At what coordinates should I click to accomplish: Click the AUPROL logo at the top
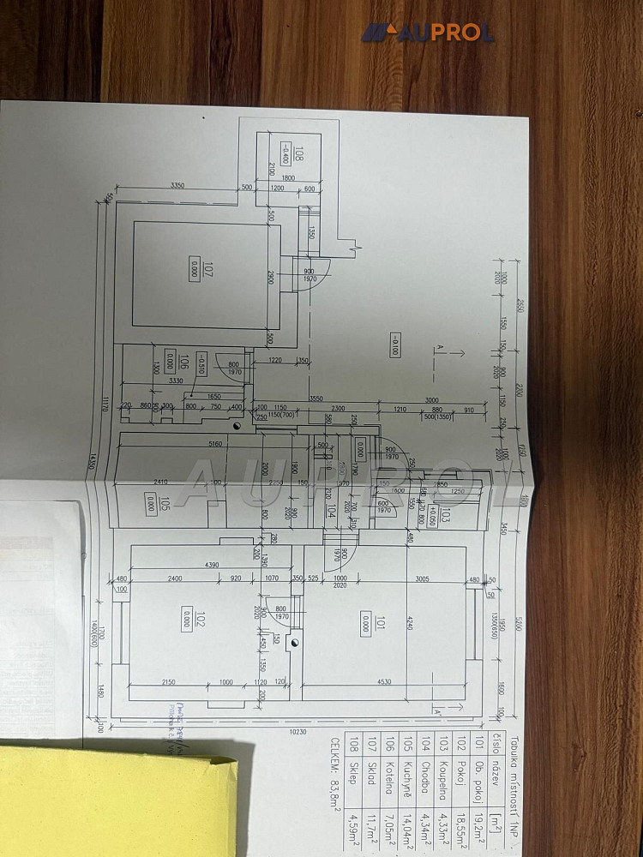[427, 33]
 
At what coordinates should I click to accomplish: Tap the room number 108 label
[298, 155]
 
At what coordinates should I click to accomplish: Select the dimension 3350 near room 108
[177, 185]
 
